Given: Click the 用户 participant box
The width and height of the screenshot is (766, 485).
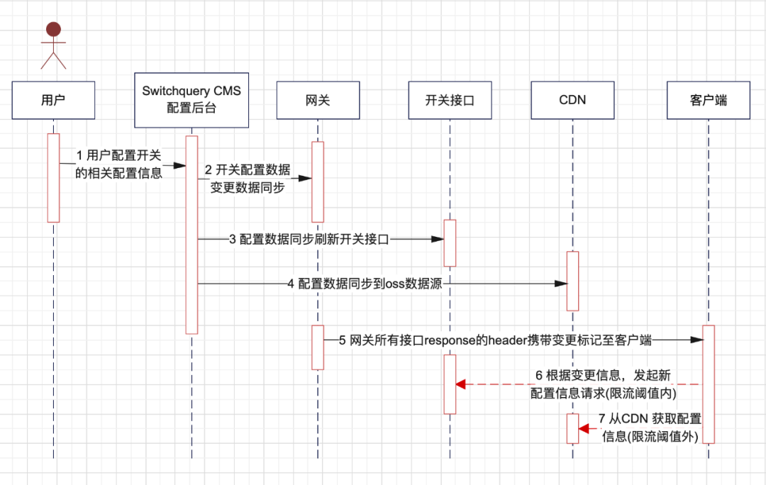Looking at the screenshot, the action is [53, 100].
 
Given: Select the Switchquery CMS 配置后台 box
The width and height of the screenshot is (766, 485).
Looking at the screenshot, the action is [191, 100].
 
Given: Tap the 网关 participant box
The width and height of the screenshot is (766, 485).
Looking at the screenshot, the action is [318, 100].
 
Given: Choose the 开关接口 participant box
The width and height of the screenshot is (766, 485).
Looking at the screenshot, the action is [450, 100].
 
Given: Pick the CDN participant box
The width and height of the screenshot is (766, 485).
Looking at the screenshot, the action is [572, 100].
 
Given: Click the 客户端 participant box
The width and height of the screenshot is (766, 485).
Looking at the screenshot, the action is [709, 100].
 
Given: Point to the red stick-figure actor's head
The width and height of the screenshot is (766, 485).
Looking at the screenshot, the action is [53, 29].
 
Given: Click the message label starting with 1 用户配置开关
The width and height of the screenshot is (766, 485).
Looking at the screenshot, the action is [118, 164].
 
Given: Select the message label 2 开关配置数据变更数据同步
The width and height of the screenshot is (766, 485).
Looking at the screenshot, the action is [248, 178].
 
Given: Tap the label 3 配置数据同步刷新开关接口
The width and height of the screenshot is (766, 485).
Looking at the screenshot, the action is [309, 240].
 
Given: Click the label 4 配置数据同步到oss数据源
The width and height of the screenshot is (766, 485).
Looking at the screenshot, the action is [365, 284].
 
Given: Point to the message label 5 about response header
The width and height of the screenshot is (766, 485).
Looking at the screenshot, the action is [495, 340].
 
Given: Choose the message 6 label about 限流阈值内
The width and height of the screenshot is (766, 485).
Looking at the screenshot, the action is [604, 384].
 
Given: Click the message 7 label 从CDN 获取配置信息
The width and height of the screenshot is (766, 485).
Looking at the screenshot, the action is [650, 428].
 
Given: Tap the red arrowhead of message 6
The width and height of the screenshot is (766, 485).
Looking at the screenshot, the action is [461, 384].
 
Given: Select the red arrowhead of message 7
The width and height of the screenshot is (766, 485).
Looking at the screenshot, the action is [583, 429].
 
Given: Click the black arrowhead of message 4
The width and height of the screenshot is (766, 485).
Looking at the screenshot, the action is [561, 284].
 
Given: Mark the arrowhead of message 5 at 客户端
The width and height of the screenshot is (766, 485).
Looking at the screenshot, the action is [696, 340].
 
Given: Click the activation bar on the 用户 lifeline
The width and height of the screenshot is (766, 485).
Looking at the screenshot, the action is [53, 178].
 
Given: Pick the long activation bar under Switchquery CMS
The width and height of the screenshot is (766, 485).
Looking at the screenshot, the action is [191, 235].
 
